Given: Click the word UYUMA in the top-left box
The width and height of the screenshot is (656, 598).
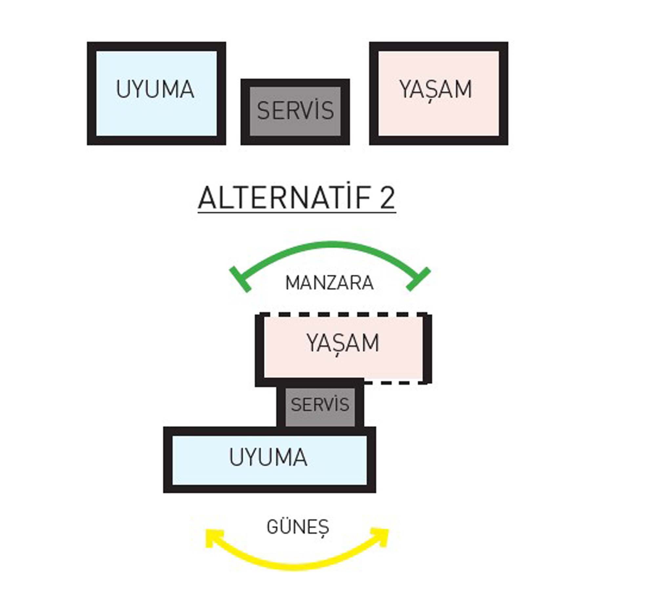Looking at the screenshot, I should click(x=155, y=89).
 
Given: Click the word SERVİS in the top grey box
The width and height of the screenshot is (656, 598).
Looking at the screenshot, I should click(x=295, y=110).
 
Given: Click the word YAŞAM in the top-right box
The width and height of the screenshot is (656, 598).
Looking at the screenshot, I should click(x=436, y=89).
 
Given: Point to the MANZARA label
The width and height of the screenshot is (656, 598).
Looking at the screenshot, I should click(x=329, y=283).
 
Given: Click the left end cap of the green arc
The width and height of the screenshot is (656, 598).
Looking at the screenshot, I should click(x=240, y=279).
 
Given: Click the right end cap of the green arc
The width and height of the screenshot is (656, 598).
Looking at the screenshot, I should click(x=418, y=279).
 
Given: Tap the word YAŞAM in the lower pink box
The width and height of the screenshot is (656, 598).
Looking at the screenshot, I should click(x=343, y=343).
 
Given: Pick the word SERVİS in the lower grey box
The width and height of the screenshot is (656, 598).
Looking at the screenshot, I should click(x=320, y=404).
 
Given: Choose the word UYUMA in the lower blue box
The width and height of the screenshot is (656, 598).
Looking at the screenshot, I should click(x=268, y=457).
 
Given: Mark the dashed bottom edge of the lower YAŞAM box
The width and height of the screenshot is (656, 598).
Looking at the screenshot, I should click(x=394, y=382).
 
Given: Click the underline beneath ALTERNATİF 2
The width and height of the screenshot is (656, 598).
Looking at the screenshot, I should click(x=297, y=213).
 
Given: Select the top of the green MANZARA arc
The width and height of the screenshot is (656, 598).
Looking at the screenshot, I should click(x=330, y=245).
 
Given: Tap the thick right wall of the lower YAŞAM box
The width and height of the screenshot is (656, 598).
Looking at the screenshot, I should click(x=427, y=348).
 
